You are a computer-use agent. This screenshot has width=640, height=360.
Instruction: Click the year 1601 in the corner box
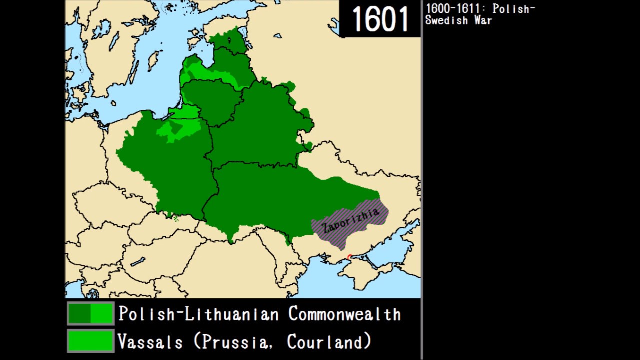(x=380, y=19)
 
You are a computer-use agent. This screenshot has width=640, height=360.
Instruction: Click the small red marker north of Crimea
(x=349, y=257)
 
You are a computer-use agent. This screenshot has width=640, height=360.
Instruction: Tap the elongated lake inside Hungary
(x=138, y=261)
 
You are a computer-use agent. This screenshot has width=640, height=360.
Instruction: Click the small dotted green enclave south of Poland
(x=175, y=219)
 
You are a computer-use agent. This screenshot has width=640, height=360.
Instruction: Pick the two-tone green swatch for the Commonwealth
(x=91, y=314)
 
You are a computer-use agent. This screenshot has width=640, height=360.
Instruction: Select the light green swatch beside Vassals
(x=91, y=341)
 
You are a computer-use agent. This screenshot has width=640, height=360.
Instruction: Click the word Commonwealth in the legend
(x=344, y=314)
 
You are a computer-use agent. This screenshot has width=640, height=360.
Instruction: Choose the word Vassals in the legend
(x=150, y=342)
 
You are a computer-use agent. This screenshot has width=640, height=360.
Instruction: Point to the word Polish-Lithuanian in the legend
(x=198, y=314)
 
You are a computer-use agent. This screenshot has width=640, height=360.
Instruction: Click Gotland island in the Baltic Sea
(x=153, y=60)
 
